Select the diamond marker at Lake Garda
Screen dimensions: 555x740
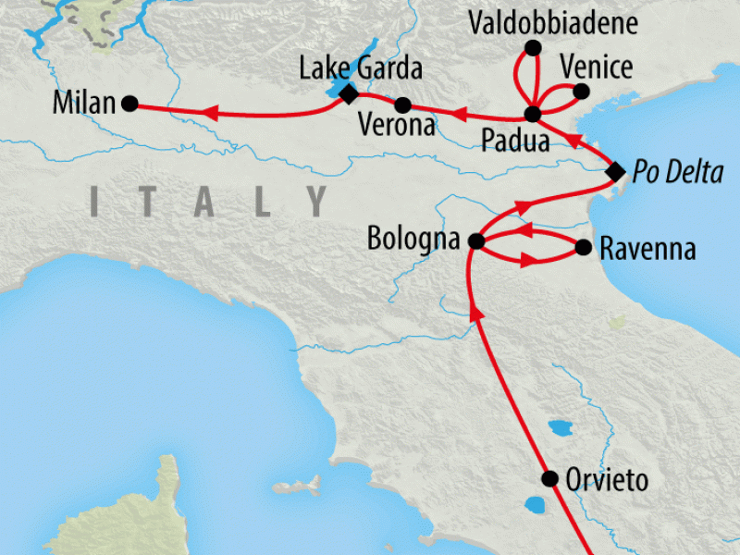(348, 92)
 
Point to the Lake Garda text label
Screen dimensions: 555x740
(361, 68)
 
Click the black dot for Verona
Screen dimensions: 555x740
(402, 105)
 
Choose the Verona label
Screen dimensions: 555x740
(397, 126)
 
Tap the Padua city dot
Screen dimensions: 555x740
(532, 115)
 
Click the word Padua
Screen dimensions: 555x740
(516, 142)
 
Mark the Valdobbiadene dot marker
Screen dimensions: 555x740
(532, 47)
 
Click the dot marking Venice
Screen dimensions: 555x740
(581, 91)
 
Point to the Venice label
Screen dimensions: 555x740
(597, 67)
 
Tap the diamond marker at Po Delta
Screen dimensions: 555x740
(614, 171)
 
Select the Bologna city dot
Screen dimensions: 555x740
(475, 241)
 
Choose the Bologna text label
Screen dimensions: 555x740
(413, 240)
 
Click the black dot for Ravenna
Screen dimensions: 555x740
(583, 248)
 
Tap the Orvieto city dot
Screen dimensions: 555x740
(549, 479)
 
